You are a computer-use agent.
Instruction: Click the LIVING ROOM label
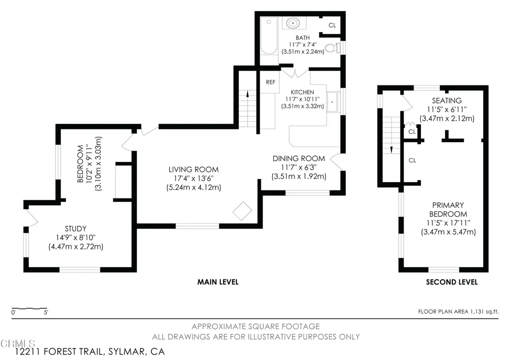[194, 169]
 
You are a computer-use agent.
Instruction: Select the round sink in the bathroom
[294, 23]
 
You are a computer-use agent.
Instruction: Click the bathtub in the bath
[269, 36]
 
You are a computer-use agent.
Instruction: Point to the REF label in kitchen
[271, 82]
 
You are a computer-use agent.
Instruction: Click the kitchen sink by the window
[332, 102]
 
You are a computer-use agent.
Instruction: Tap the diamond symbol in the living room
[242, 211]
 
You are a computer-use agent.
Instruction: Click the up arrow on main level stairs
[247, 93]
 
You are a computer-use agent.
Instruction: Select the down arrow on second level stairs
[391, 150]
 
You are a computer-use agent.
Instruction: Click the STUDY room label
[76, 229]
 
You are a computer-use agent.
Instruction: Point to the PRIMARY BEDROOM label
[448, 209]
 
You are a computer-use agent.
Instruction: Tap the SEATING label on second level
[447, 101]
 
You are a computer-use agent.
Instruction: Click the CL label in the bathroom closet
[332, 25]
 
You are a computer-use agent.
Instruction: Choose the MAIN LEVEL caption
[218, 282]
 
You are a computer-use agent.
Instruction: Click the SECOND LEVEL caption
[452, 282]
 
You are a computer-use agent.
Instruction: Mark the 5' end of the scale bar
[47, 308]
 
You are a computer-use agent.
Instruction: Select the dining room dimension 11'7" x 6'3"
[299, 168]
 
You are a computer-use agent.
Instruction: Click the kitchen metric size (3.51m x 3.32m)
[303, 106]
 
